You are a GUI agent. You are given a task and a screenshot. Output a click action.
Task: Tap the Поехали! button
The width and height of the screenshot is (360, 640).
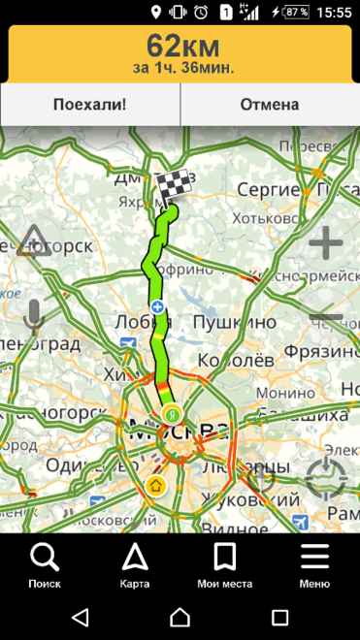tap(90, 105)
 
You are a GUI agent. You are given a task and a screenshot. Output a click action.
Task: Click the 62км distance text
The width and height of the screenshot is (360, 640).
tap(182, 45)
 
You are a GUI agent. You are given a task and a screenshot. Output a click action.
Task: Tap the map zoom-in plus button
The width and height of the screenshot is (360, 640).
tap(326, 242)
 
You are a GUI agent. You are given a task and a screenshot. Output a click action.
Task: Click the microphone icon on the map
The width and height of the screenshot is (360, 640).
tap(34, 315)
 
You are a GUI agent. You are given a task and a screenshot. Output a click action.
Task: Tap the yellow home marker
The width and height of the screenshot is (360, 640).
tap(156, 485)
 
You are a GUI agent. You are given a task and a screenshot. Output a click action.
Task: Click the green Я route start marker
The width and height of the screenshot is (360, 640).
tap(171, 414)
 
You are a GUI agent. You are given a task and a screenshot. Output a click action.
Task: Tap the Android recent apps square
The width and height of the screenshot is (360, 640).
tap(279, 617)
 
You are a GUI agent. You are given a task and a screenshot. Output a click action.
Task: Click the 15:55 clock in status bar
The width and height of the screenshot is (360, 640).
tap(334, 13)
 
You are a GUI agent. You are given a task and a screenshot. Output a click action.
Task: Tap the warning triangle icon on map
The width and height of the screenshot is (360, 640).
tap(33, 239)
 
